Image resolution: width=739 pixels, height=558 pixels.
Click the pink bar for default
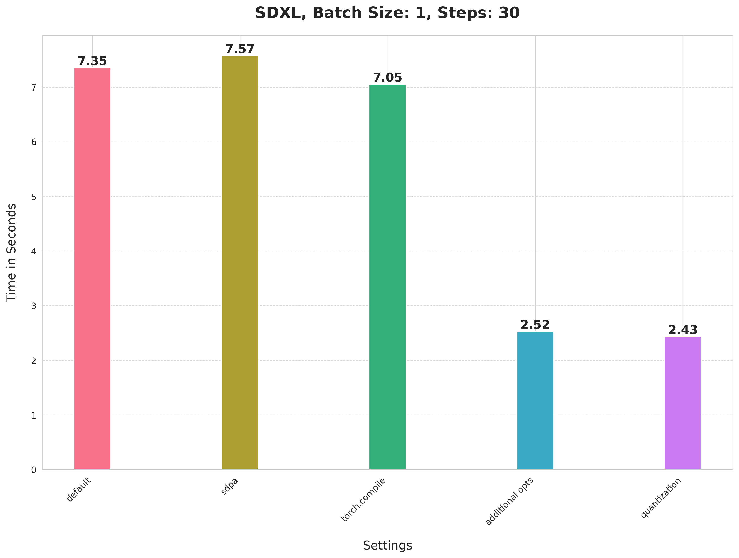click(x=92, y=269)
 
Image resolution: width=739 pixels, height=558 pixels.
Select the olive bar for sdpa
click(x=240, y=263)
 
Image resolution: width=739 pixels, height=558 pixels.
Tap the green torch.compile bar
click(x=388, y=277)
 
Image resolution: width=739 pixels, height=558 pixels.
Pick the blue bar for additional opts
click(x=535, y=401)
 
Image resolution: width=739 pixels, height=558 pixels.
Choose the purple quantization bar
click(x=683, y=403)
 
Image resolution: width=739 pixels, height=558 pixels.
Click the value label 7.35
click(x=92, y=61)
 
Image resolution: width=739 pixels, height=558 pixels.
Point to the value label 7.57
click(x=240, y=49)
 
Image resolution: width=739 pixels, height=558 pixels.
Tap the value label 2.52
click(x=535, y=325)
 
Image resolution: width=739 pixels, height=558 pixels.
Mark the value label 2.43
click(x=683, y=330)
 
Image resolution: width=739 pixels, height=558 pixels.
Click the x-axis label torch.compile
click(x=363, y=500)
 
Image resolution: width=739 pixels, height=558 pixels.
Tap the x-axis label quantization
click(x=661, y=498)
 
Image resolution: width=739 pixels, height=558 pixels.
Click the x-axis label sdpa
click(x=230, y=487)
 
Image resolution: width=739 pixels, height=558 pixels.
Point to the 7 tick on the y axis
click(x=34, y=88)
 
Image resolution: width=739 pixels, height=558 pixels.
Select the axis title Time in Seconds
click(x=12, y=252)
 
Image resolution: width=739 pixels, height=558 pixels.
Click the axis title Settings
click(x=388, y=545)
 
